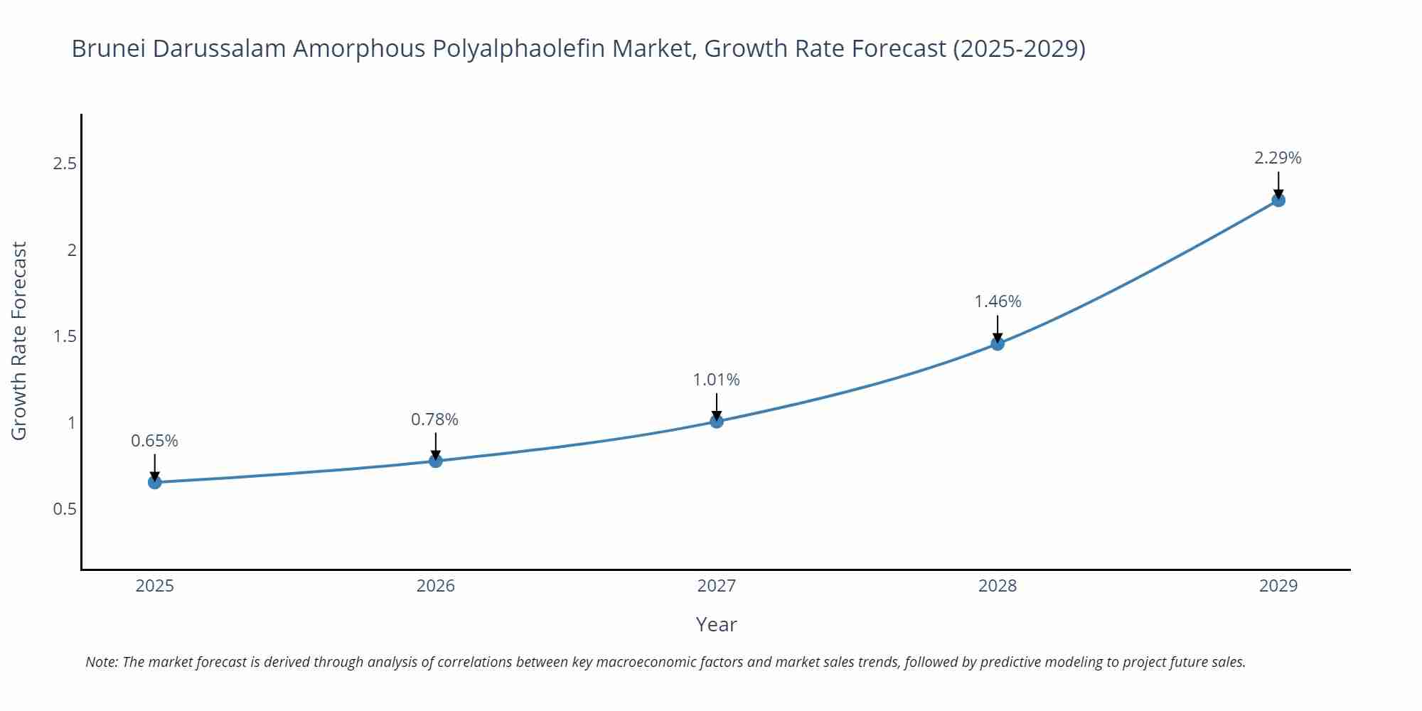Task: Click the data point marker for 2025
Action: pos(155,483)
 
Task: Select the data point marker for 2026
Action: pos(436,461)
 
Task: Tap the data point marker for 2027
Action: pos(717,421)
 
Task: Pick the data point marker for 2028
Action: pos(998,344)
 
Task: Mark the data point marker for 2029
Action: pos(1278,201)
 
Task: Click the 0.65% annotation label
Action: pos(154,441)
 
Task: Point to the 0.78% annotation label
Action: pos(434,419)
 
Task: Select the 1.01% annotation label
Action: pos(716,380)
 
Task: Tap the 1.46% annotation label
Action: pos(998,301)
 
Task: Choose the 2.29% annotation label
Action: pos(1278,158)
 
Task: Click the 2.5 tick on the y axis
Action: pos(65,164)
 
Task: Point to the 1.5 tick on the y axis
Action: pos(65,336)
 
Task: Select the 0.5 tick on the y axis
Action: pos(65,509)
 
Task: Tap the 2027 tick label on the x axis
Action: pos(717,586)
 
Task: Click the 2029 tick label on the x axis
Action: pos(1278,586)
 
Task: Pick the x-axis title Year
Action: pos(716,624)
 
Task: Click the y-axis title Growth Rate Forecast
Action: pos(19,341)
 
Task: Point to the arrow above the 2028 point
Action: pos(998,328)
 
